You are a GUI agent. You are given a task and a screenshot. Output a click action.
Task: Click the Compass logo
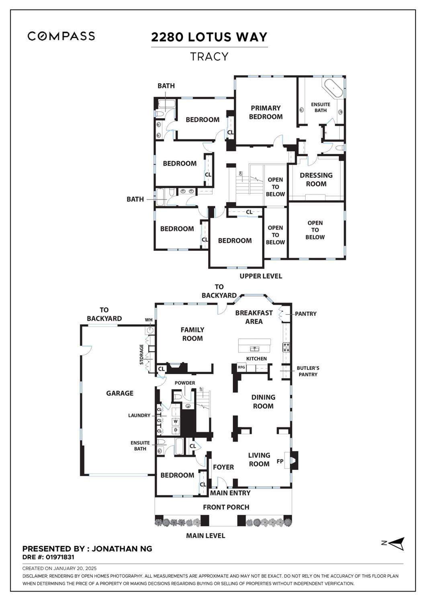pos(61,36)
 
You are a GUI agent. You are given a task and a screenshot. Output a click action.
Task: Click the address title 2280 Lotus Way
pos(209,37)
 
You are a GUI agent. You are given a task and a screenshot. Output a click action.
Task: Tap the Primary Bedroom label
pos(266,112)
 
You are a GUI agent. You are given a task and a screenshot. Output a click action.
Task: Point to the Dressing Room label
pos(316,179)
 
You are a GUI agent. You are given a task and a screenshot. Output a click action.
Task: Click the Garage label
pos(120,393)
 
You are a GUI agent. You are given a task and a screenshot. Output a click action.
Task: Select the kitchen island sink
pos(254,348)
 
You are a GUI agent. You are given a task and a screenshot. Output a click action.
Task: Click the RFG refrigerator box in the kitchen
pos(241,367)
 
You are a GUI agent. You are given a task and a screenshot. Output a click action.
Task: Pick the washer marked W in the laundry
pos(176,421)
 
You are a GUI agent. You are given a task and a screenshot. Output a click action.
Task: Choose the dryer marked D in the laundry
pos(176,430)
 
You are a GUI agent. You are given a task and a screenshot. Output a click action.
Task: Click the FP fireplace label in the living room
pos(280,461)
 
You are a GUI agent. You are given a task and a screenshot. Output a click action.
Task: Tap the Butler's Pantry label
pos(308,371)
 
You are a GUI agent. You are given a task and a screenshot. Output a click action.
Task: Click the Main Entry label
pos(230,493)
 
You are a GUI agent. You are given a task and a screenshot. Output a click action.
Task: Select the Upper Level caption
pos(261,276)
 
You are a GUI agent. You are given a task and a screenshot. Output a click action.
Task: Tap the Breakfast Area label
pos(254,317)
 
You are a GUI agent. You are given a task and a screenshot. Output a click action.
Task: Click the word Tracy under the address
pos(209,57)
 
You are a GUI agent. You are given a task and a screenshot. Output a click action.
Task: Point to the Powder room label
pos(185,383)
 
